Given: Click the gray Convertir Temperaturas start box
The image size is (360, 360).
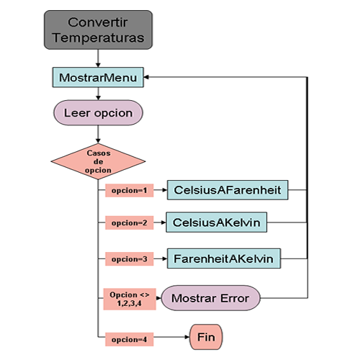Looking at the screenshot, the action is (x=98, y=30).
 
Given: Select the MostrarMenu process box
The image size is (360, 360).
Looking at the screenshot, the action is (x=98, y=77).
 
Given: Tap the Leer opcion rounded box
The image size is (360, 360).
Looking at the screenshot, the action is (x=98, y=112).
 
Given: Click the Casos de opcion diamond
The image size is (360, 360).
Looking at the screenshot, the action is (x=98, y=161).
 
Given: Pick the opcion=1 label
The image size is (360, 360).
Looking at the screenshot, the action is (x=130, y=190).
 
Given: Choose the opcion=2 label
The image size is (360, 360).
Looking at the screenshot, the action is (x=130, y=222).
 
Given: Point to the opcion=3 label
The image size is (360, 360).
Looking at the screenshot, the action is (x=130, y=259).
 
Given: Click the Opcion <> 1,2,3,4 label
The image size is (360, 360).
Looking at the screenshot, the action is (x=130, y=299).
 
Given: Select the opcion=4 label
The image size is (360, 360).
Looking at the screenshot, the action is (x=130, y=339).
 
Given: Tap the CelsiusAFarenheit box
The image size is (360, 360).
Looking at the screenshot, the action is (x=228, y=190).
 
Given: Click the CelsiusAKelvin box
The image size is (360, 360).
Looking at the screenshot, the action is (x=217, y=222).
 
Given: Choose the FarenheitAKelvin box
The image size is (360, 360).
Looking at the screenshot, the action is (x=224, y=258).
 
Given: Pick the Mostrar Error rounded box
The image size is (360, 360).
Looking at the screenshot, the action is (x=210, y=298).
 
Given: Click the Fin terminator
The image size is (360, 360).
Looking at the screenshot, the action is (x=206, y=337).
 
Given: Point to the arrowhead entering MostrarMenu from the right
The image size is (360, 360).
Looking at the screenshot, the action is (x=146, y=77).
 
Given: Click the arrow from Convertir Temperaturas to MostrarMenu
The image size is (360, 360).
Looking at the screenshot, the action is (x=98, y=58).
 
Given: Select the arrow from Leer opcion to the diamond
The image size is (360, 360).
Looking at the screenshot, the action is (x=98, y=134).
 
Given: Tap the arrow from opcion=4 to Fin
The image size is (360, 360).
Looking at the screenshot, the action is (x=171, y=337).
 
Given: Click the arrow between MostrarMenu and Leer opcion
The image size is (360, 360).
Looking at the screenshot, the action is (x=98, y=94).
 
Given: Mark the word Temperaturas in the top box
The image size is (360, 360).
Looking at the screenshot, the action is (x=99, y=37).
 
